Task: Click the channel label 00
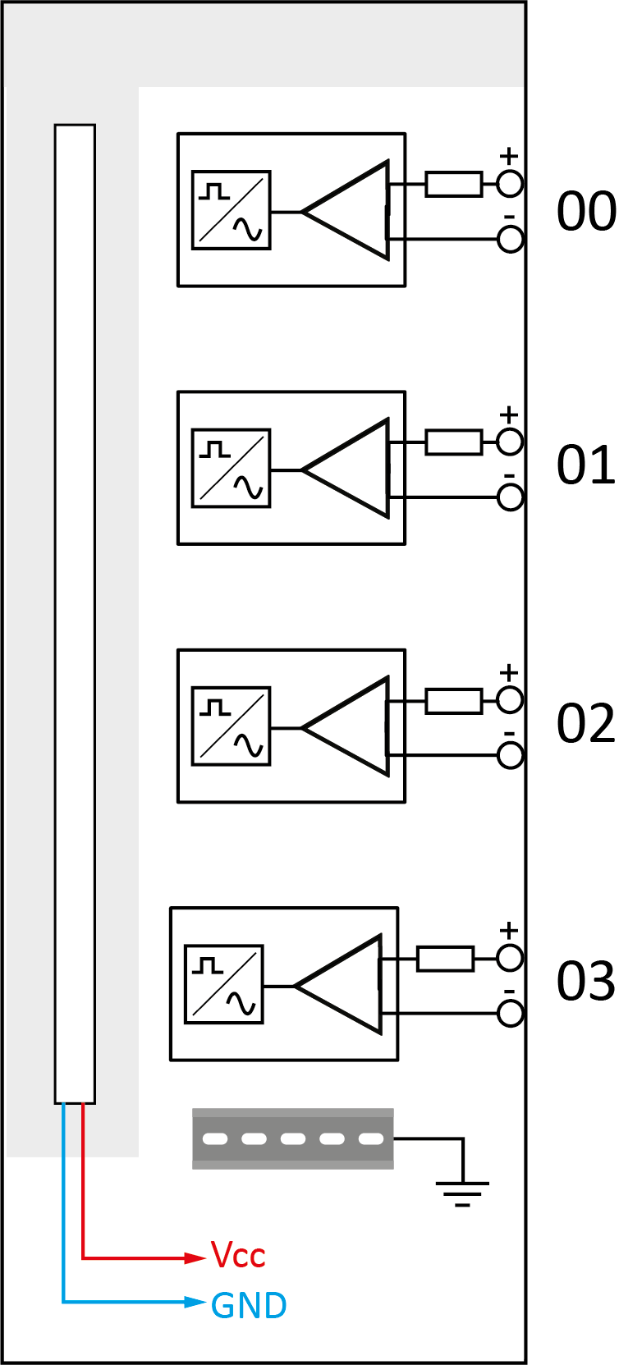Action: tap(585, 212)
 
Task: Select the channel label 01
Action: tap(585, 465)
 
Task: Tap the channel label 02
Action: tap(585, 724)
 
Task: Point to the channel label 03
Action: tap(585, 981)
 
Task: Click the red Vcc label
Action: tap(238, 1256)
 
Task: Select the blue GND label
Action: tap(249, 1305)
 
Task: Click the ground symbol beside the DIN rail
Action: tap(462, 1188)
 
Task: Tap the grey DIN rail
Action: tap(292, 1138)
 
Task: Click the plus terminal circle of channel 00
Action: tap(510, 185)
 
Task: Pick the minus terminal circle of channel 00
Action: tap(510, 240)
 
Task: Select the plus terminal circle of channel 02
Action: tap(510, 701)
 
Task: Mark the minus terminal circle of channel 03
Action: tap(510, 1014)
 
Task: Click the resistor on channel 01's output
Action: tap(453, 442)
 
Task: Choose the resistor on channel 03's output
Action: tap(445, 959)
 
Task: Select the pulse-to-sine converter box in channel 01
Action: tap(232, 468)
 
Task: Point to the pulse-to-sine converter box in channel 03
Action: tap(224, 984)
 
